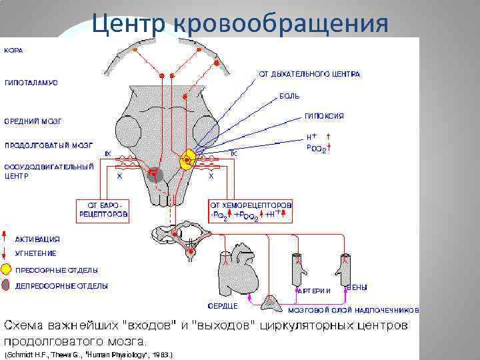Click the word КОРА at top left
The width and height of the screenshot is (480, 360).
click(15, 50)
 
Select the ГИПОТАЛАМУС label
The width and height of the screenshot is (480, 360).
click(31, 83)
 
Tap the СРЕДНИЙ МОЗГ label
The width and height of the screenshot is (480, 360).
click(33, 121)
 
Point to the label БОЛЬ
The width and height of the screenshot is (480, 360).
click(289, 97)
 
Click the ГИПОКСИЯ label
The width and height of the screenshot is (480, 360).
click(325, 116)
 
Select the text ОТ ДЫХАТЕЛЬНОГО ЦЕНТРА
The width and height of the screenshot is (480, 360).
click(309, 74)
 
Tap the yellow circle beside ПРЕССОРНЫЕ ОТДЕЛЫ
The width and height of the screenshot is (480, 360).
click(6, 270)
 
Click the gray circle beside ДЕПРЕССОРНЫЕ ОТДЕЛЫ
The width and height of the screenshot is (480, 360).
click(6, 286)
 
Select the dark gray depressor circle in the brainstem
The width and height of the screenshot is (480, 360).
click(155, 173)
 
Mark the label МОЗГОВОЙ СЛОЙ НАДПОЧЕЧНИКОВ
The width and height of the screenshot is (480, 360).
click(353, 310)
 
